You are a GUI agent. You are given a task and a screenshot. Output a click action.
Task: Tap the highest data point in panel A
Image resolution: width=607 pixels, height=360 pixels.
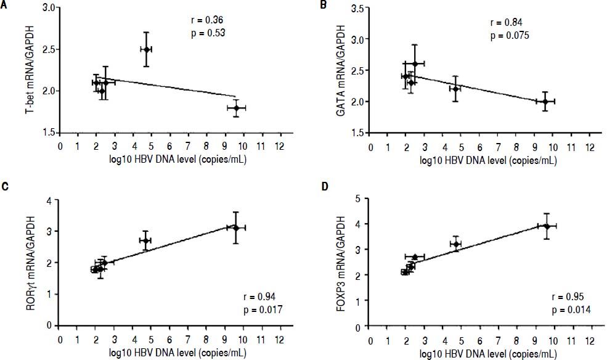(146, 49)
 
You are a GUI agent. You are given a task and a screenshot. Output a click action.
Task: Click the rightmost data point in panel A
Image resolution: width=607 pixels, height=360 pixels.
(236, 108)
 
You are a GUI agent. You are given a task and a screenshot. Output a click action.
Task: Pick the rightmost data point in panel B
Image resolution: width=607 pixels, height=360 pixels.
(545, 101)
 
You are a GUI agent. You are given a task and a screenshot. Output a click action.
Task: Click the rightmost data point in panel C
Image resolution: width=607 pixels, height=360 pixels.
(236, 227)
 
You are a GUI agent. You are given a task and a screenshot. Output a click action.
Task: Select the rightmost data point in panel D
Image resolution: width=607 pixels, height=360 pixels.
(547, 226)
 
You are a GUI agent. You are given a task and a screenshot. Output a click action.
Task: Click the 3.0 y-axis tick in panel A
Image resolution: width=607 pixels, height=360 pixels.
(49, 7)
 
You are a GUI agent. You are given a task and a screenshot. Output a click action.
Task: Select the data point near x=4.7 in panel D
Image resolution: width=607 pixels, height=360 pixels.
(456, 245)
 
